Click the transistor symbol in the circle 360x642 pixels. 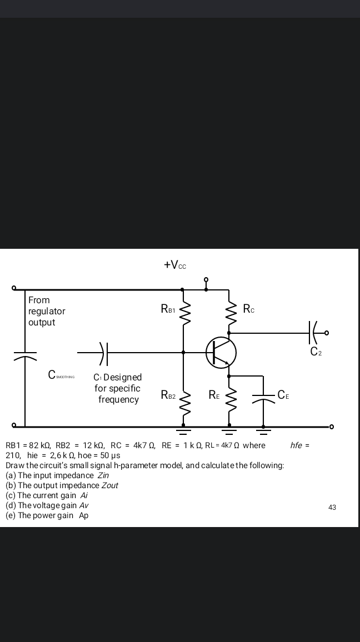(x=221, y=352)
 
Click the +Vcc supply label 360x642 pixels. (x=175, y=265)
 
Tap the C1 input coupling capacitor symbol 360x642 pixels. (x=104, y=352)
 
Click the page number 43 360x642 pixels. (x=332, y=507)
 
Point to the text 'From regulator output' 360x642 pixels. (x=47, y=311)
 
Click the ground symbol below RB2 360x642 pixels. (x=183, y=430)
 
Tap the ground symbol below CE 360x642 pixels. (x=263, y=430)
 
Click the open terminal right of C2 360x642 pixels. (x=327, y=333)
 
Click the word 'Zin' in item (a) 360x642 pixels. (x=103, y=475)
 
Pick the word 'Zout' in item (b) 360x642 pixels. (x=109, y=485)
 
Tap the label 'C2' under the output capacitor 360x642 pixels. (x=316, y=351)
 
